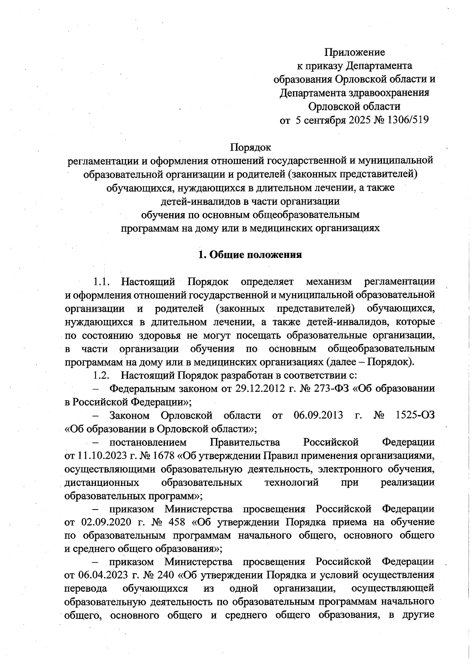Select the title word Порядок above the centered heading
click(251, 147)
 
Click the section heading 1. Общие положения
click(250, 255)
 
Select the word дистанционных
click(101, 482)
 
